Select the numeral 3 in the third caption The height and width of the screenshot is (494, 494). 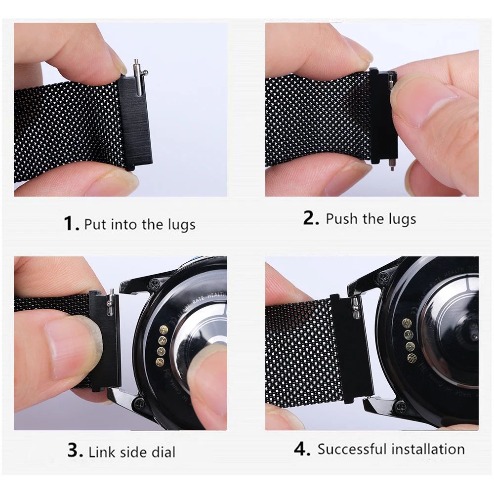74,450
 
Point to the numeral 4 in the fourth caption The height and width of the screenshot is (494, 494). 301,449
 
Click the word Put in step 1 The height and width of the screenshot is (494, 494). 95,224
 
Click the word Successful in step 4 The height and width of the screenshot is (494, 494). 351,449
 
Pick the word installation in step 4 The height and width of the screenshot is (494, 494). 428,449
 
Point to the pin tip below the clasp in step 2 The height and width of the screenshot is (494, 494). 392,165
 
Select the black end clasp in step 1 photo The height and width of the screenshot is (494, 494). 135,123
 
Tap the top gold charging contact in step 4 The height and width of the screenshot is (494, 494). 407,323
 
